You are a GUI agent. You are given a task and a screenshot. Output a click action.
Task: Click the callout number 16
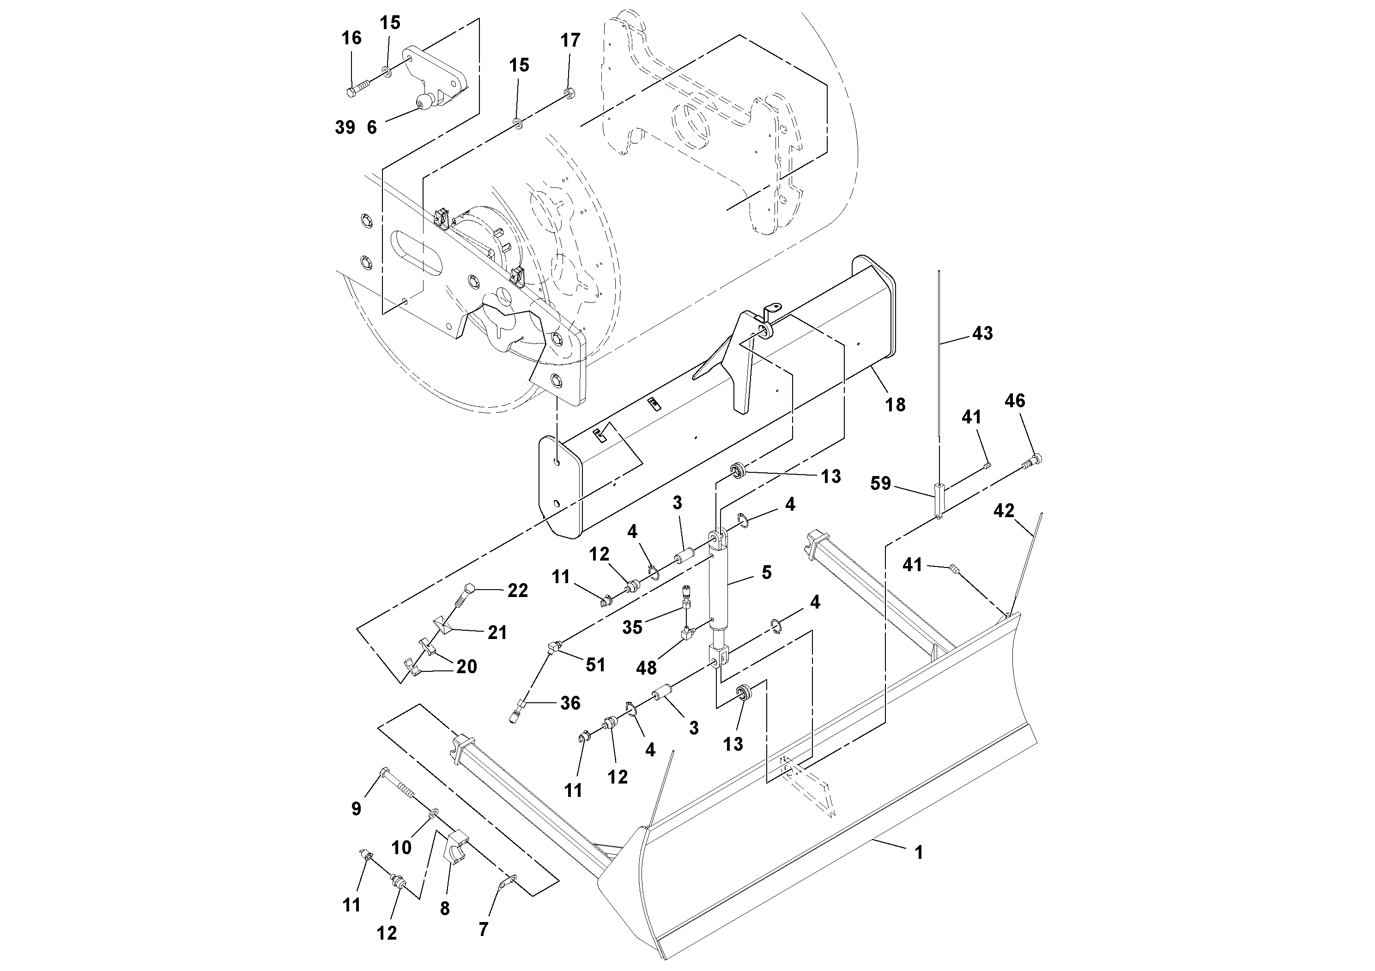(x=351, y=38)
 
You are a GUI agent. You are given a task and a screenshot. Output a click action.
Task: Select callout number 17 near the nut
(x=570, y=41)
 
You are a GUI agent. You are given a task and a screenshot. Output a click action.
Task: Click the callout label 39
(x=345, y=127)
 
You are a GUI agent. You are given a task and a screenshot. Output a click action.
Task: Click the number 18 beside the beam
(x=895, y=405)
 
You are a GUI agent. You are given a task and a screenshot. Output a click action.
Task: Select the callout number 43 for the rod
(x=982, y=333)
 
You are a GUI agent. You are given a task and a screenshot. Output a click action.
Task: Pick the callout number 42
(x=1004, y=511)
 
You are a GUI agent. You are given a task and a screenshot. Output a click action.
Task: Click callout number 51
(x=595, y=665)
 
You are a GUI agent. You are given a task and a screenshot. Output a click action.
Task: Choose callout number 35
(x=632, y=627)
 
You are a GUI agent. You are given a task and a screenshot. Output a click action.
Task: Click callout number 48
(x=646, y=668)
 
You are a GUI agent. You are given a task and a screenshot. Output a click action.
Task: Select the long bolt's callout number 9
(x=356, y=809)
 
